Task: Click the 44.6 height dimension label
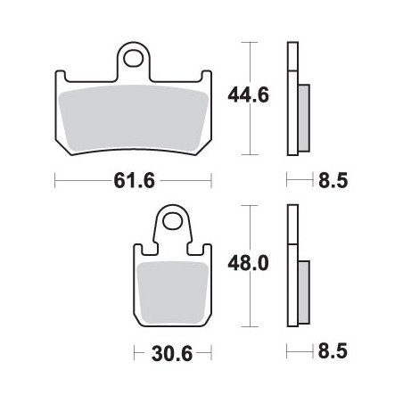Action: [x=248, y=95]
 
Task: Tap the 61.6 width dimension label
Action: [x=134, y=180]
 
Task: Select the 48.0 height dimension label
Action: [x=248, y=263]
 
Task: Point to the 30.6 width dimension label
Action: [x=172, y=354]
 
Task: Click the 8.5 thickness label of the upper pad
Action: [x=333, y=180]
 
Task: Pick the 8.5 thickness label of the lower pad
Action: [x=333, y=351]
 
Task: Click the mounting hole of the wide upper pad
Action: [x=133, y=59]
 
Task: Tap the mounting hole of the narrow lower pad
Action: [x=172, y=221]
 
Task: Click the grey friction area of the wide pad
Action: [x=134, y=118]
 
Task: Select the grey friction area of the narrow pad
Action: [x=172, y=293]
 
